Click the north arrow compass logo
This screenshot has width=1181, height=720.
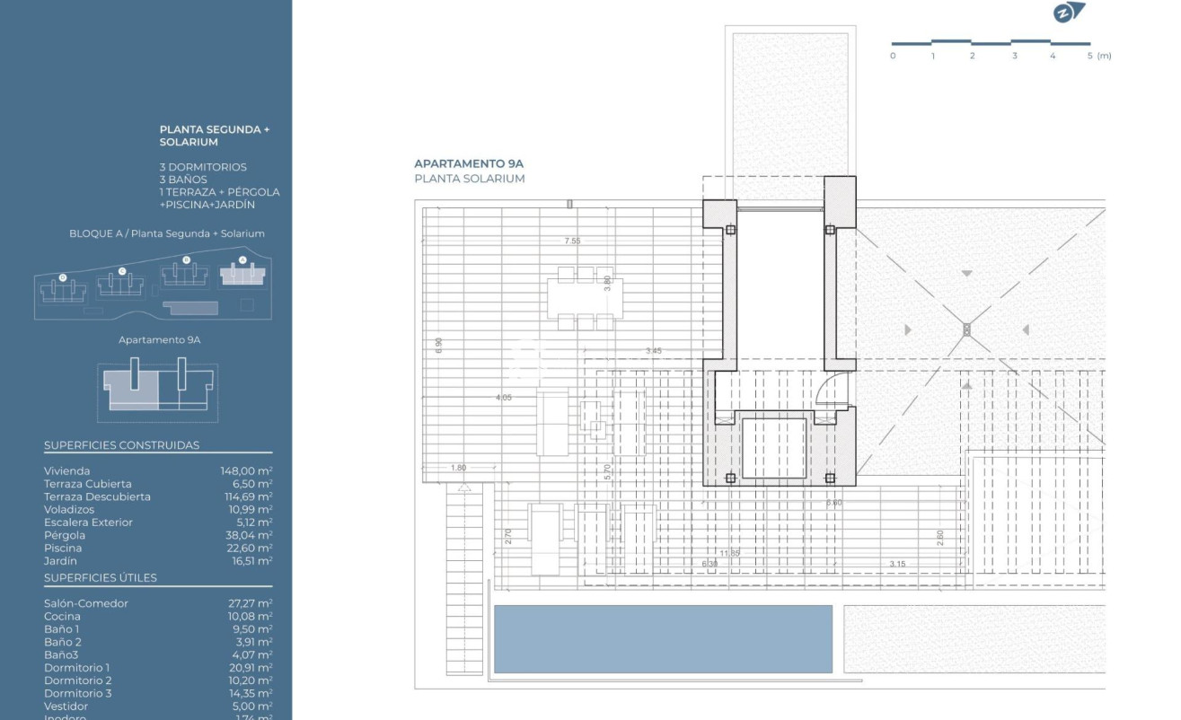1069,13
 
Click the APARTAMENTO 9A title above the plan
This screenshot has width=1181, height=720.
468,164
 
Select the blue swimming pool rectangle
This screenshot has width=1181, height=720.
663,638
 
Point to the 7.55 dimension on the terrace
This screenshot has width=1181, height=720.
572,241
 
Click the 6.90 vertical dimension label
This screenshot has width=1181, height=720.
438,346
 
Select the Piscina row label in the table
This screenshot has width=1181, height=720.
63,548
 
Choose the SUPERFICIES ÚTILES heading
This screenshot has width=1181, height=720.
101,577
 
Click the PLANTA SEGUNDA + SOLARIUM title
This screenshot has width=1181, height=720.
215,136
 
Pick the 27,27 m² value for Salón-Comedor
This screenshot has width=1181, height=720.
246,603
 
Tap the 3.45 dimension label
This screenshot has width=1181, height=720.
654,350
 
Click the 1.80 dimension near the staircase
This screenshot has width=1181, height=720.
458,468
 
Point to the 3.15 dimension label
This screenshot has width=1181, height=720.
897,564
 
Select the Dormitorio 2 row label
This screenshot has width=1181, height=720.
77,680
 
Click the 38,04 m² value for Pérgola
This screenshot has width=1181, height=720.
246,535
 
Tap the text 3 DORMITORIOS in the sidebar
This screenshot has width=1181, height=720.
203,167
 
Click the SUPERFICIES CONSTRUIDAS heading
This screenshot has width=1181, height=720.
121,445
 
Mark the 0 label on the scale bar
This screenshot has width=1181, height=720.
892,56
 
